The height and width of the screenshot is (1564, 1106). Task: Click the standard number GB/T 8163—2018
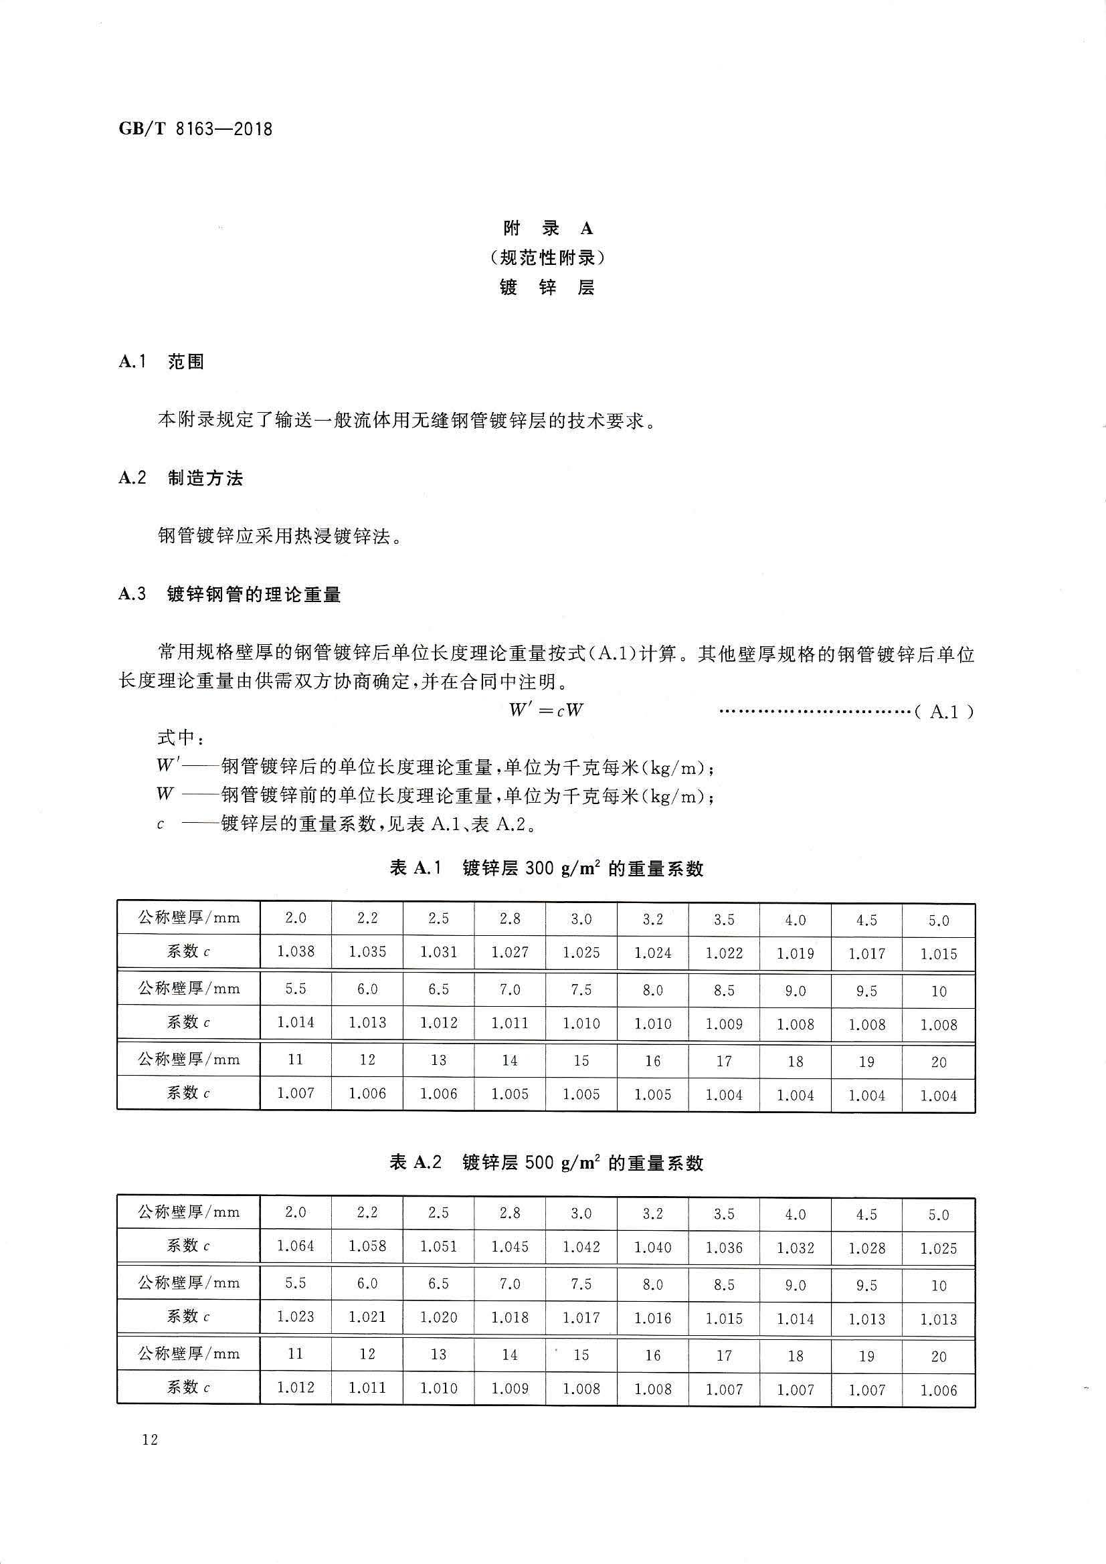[x=195, y=128]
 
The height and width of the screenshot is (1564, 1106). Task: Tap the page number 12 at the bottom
[x=150, y=1440]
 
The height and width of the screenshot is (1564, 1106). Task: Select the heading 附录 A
[x=548, y=227]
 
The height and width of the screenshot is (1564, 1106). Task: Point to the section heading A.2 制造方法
[x=181, y=478]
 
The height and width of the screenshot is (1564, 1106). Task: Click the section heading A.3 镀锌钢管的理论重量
[x=229, y=595]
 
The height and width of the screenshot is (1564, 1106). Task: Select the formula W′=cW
[x=546, y=710]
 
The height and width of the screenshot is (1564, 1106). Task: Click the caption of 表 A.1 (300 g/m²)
[x=546, y=868]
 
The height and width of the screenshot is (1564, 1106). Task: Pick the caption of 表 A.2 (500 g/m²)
[x=546, y=1163]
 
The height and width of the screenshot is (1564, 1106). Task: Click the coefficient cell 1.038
[x=296, y=951]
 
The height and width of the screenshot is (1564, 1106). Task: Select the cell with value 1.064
[x=296, y=1246]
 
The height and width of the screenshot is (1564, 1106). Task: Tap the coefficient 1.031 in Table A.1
[x=439, y=952]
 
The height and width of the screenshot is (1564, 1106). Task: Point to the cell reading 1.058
[x=367, y=1246]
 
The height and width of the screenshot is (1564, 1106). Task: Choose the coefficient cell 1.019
[x=796, y=953]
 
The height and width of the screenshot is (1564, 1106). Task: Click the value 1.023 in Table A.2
[x=296, y=1316]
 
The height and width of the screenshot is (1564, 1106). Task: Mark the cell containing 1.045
[x=510, y=1246]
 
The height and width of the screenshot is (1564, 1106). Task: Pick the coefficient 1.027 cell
[x=510, y=952]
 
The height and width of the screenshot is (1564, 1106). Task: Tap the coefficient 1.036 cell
[x=724, y=1247]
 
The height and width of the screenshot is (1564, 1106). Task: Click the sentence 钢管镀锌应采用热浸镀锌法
[x=279, y=536]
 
